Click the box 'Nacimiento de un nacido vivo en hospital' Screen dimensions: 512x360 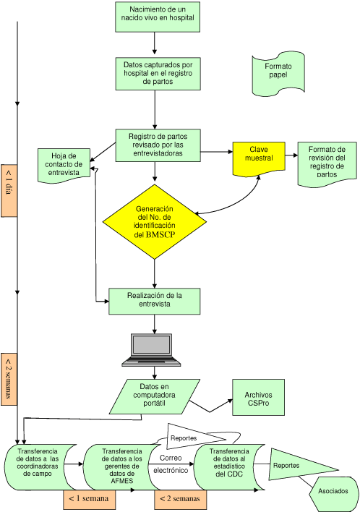(158, 17)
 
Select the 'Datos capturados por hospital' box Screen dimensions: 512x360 (158, 73)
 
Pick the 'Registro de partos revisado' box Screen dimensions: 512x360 (158, 145)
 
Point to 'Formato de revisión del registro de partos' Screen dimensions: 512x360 (327, 163)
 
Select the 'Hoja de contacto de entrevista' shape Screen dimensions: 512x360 (64, 163)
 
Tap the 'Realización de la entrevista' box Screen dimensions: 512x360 (155, 300)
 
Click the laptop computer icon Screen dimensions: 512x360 (151, 350)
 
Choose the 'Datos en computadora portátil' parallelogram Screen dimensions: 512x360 (155, 395)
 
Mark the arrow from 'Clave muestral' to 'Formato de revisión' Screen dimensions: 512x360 (291, 153)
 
